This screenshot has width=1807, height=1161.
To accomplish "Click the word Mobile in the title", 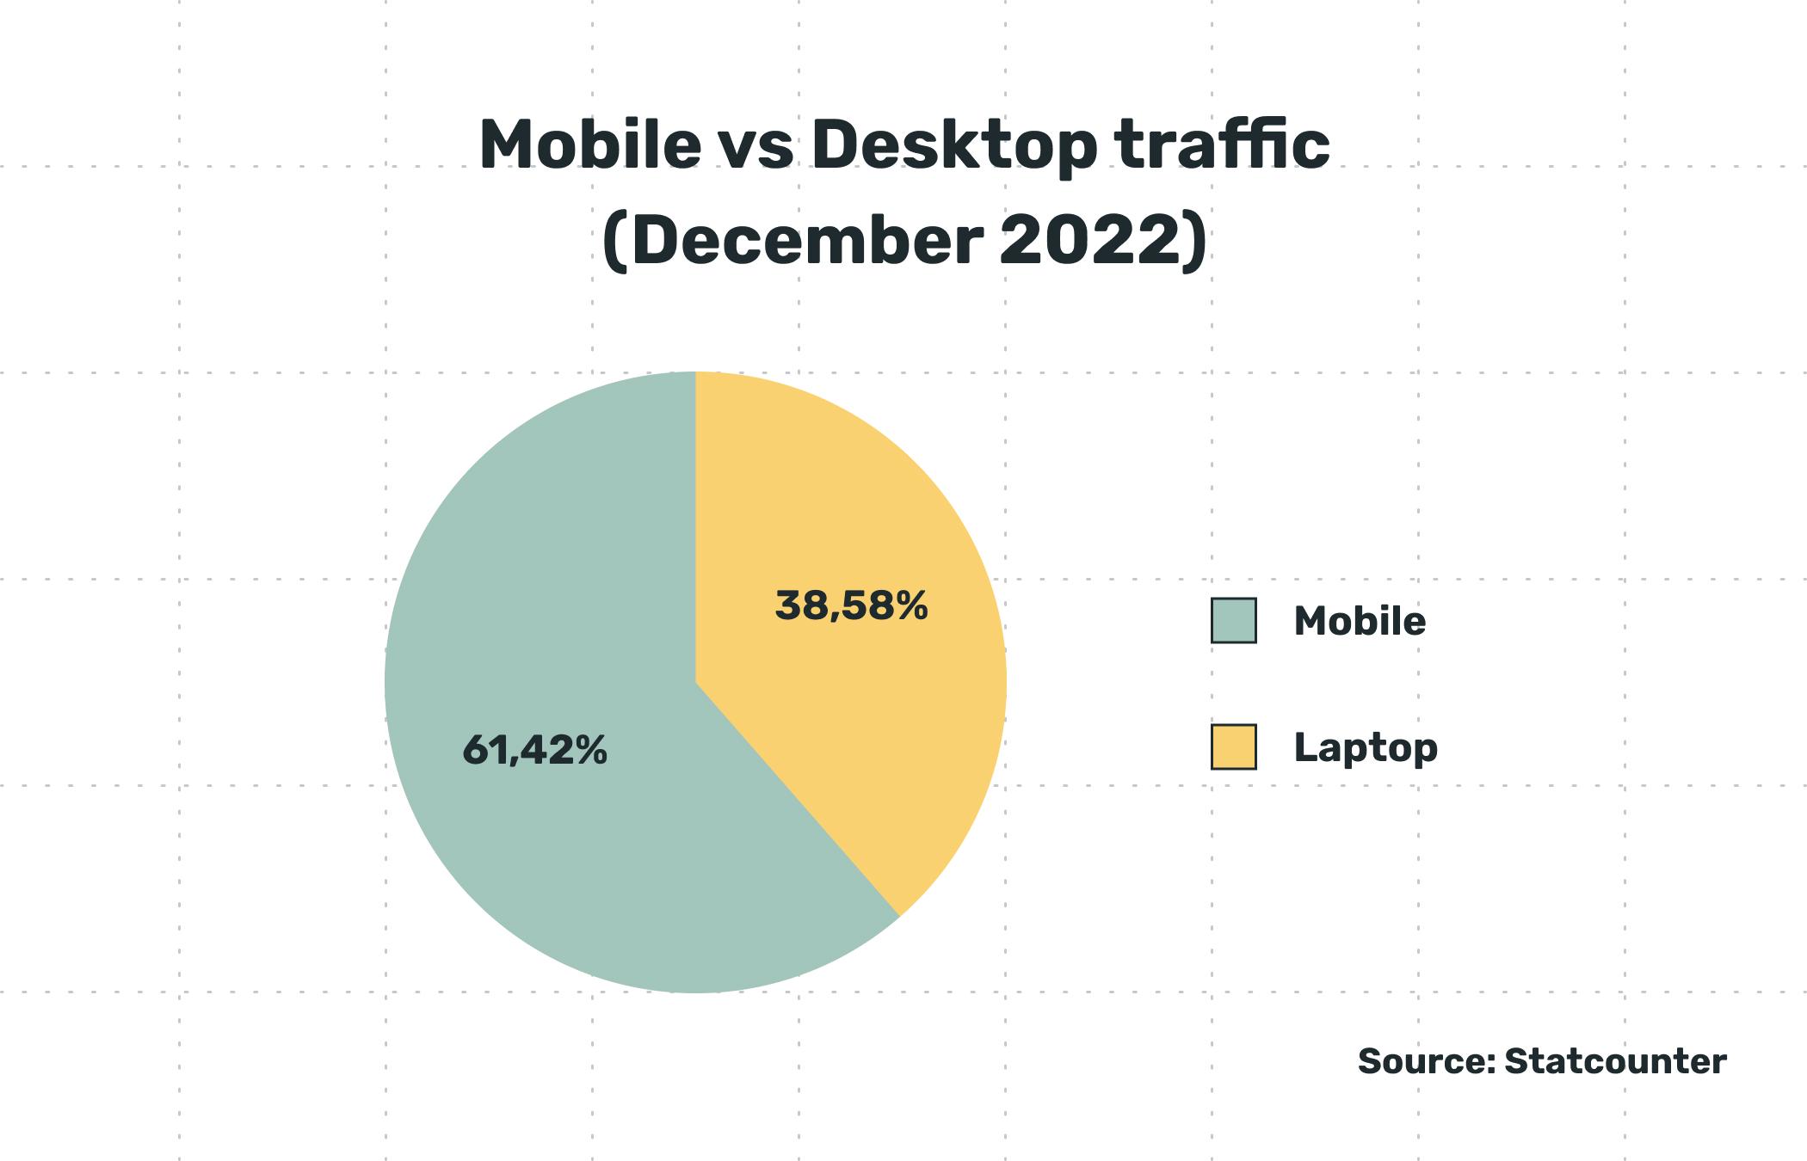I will [589, 144].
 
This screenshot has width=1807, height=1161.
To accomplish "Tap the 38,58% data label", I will [851, 605].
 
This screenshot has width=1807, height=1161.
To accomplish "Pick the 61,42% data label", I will [534, 750].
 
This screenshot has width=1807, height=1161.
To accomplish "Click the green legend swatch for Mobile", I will [1233, 620].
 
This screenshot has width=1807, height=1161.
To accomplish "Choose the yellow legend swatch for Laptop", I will [1233, 746].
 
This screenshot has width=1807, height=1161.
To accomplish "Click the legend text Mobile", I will [1360, 621].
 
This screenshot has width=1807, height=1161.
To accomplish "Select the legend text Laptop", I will [1366, 747].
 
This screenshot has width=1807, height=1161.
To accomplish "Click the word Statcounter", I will [1615, 1061].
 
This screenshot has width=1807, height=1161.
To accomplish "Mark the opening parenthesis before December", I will [613, 243].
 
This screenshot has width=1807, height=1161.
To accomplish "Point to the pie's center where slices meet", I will [695, 683].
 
